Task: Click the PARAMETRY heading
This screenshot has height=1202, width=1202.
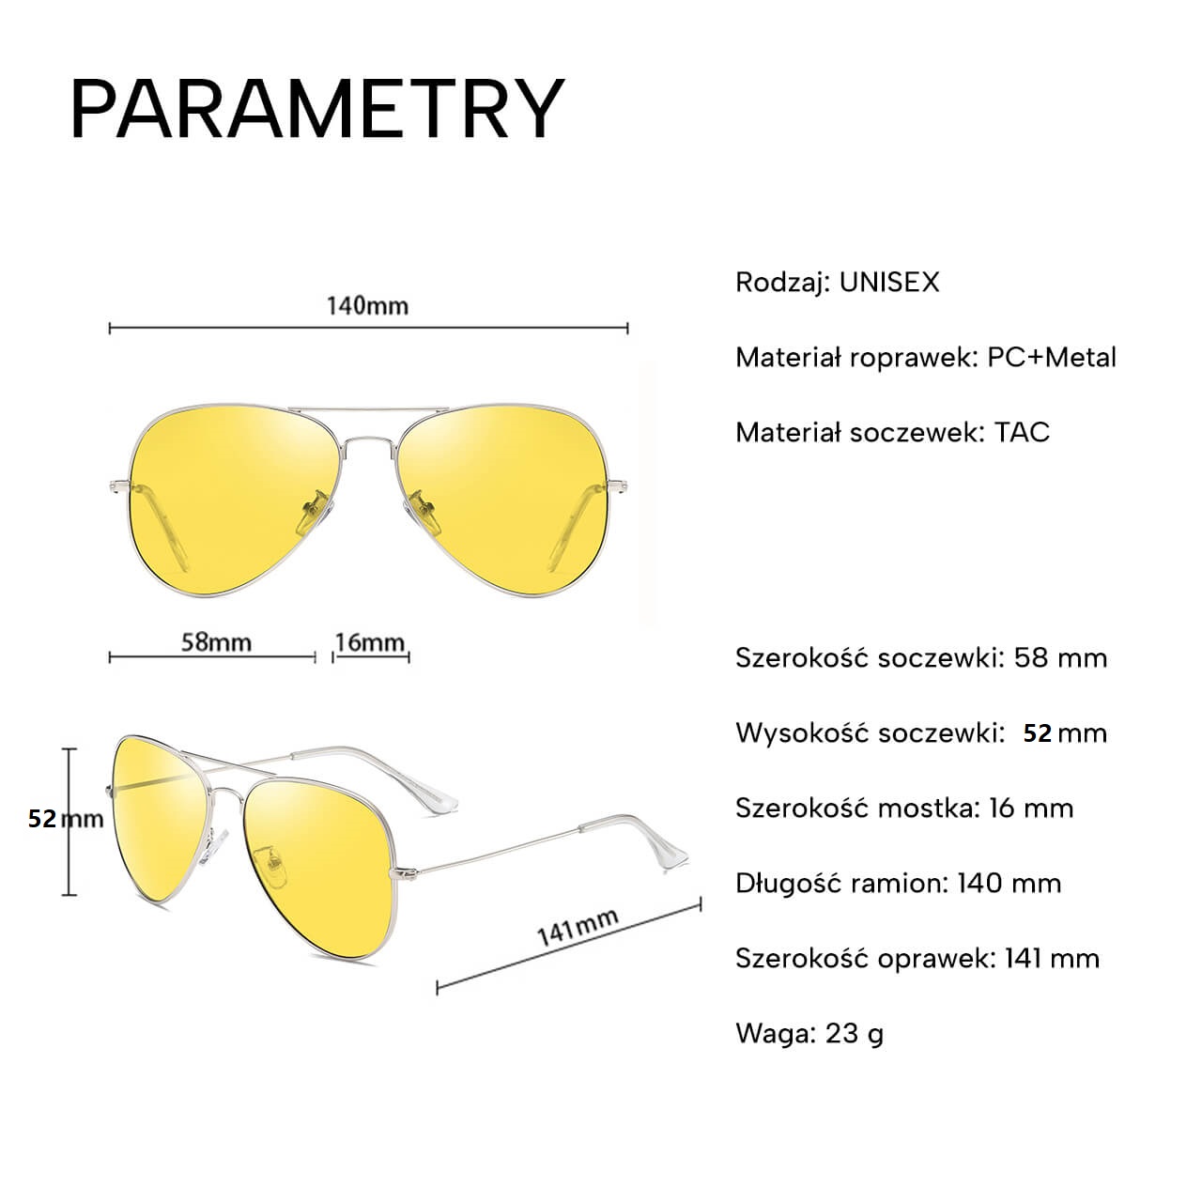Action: pyautogui.click(x=317, y=108)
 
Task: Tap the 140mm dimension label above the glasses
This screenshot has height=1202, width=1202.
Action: pyautogui.click(x=367, y=306)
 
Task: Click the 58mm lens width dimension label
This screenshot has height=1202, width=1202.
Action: pyautogui.click(x=216, y=642)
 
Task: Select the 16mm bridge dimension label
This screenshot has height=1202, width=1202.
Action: pyautogui.click(x=370, y=642)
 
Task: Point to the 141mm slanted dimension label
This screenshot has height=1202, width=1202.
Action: pyautogui.click(x=578, y=928)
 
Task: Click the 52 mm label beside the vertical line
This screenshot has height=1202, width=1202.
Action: pyautogui.click(x=66, y=819)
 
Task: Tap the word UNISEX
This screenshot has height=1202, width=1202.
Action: pyautogui.click(x=889, y=283)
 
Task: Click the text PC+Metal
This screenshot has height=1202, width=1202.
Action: pyautogui.click(x=1051, y=358)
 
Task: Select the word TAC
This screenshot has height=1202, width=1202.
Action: pyautogui.click(x=1022, y=432)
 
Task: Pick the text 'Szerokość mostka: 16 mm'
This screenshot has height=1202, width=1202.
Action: pyautogui.click(x=904, y=809)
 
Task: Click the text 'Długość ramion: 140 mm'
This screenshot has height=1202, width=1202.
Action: pyautogui.click(x=899, y=884)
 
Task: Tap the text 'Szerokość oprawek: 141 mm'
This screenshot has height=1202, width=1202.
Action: pyautogui.click(x=917, y=959)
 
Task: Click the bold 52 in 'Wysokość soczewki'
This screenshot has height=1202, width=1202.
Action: pyautogui.click(x=1038, y=733)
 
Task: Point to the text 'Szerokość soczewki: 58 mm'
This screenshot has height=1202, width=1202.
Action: pyautogui.click(x=921, y=658)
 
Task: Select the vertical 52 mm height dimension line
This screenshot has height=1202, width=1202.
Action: pyautogui.click(x=69, y=822)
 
